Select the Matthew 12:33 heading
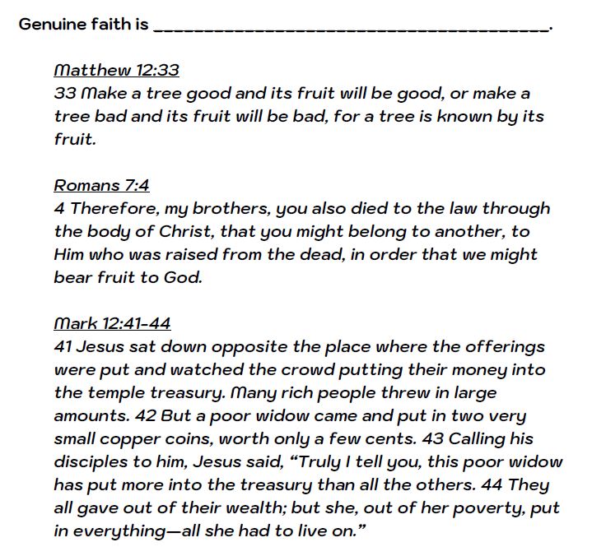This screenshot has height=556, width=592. (x=116, y=70)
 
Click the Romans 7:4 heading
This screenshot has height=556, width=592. (x=101, y=185)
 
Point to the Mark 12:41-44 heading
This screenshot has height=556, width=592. (x=112, y=323)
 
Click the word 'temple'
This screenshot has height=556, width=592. (x=112, y=392)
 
